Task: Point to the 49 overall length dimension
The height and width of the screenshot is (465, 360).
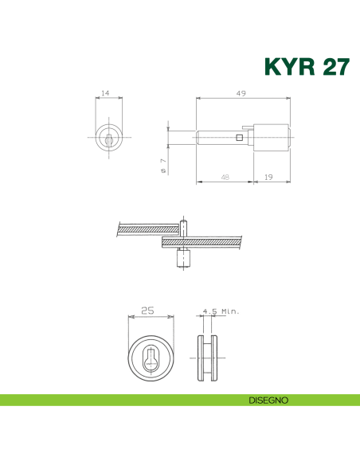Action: (x=241, y=93)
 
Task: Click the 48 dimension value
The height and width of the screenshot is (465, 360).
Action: (x=225, y=177)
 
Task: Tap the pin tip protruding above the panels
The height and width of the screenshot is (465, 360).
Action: (x=182, y=223)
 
